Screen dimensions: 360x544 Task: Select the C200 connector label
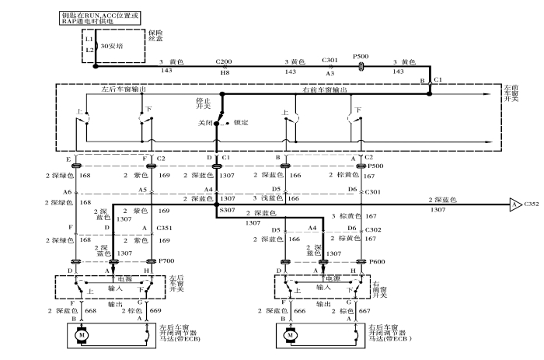[x=224, y=61]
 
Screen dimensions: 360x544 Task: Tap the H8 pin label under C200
[x=224, y=72]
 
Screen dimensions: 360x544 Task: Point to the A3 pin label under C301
[x=330, y=72]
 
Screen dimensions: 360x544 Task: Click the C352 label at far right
[x=532, y=205]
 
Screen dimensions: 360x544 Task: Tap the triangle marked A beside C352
[x=514, y=205]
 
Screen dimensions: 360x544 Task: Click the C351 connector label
[x=165, y=228]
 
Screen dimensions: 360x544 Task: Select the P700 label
[x=165, y=261]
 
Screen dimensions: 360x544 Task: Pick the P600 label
[x=377, y=261]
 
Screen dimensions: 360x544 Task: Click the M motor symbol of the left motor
[x=78, y=336]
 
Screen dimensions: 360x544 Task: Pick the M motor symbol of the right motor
[x=290, y=336]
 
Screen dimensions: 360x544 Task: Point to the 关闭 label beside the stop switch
[x=204, y=123]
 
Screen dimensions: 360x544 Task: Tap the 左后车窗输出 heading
[x=124, y=89]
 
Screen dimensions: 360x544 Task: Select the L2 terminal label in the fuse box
[x=89, y=50]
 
